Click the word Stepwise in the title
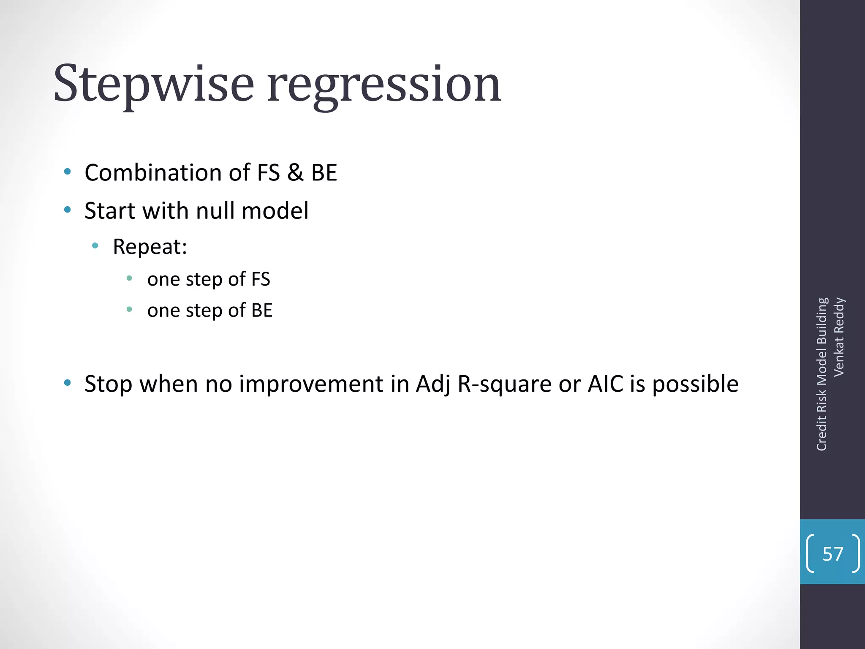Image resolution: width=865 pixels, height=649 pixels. (153, 85)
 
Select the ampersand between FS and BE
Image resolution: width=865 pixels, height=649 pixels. (295, 173)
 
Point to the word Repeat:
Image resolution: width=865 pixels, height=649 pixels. (150, 247)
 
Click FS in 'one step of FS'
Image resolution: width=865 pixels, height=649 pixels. (261, 279)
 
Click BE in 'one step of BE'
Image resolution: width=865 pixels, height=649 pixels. (262, 311)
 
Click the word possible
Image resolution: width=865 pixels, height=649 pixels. (695, 384)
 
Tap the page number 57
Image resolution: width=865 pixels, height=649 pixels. (832, 554)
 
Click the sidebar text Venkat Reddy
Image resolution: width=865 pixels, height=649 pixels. (839, 337)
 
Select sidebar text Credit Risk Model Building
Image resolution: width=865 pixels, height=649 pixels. (821, 374)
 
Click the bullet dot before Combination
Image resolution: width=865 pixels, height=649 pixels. (67, 172)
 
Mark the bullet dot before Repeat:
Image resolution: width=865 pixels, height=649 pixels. (95, 245)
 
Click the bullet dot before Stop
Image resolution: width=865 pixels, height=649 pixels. (67, 383)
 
